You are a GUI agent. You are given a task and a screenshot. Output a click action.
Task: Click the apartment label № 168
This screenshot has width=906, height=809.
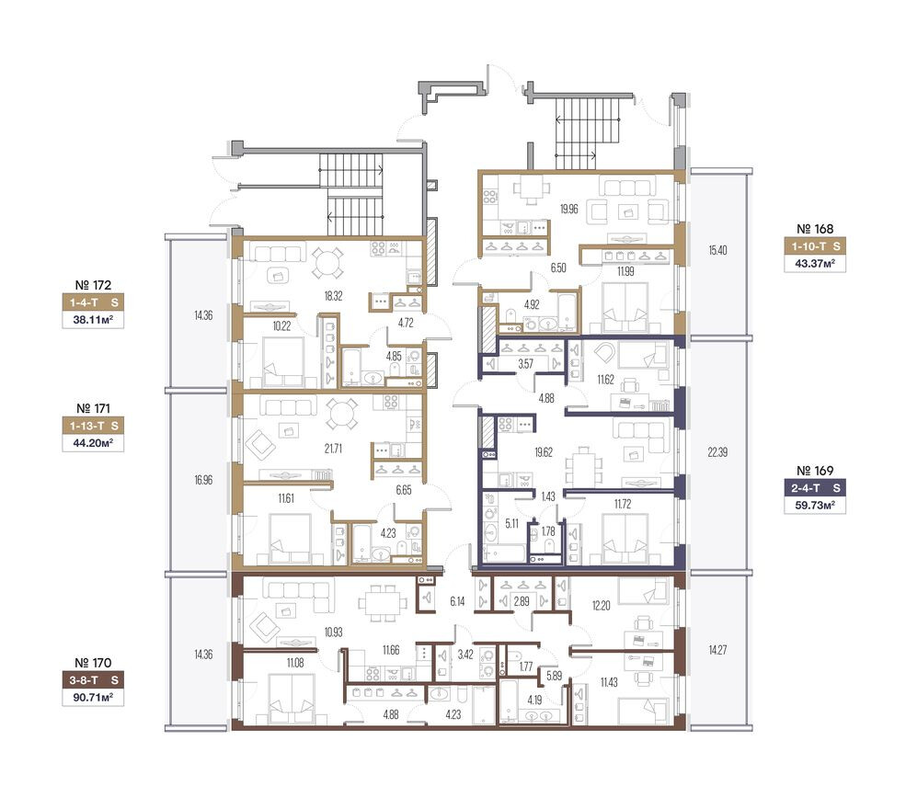coord(815,229)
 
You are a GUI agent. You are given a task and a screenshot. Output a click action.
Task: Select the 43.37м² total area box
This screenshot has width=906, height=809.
coord(815,264)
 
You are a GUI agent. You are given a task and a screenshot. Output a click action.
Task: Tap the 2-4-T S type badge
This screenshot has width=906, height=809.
coord(815,488)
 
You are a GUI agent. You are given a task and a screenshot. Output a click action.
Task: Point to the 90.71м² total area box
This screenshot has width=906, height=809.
coord(93,698)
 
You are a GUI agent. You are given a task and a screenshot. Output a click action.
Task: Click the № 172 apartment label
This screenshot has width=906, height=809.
coord(93,285)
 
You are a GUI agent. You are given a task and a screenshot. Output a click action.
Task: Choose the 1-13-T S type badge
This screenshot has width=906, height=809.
coord(93,426)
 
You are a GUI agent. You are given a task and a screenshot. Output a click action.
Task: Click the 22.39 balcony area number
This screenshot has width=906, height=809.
coord(717,452)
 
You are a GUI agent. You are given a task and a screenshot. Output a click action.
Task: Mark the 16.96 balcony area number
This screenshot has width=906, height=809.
coord(203,480)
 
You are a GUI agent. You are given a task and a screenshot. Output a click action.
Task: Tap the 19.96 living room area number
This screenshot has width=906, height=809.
coord(568,209)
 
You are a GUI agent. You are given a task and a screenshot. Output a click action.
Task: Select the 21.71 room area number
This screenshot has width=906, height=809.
coord(333,448)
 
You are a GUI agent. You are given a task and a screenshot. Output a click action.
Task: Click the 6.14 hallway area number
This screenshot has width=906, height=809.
coord(457,601)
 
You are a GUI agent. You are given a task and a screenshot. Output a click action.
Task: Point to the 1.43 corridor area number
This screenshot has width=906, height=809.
coord(548,496)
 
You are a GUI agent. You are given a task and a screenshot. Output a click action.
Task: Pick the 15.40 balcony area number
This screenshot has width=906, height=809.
coord(717,250)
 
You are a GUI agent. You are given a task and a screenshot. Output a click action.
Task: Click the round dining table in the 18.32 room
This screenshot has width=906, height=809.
coord(327,263)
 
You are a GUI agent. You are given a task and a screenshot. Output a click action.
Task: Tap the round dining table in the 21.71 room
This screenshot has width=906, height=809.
coord(342,414)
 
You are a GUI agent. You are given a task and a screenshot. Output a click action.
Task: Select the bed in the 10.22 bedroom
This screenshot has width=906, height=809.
coord(283,362)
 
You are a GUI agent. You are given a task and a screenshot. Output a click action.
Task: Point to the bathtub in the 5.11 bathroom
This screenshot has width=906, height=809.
coord(504,553)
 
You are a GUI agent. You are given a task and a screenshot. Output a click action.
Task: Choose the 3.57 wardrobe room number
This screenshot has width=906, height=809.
coord(525,364)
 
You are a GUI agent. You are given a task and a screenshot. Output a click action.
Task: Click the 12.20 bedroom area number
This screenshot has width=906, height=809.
coord(601,605)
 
